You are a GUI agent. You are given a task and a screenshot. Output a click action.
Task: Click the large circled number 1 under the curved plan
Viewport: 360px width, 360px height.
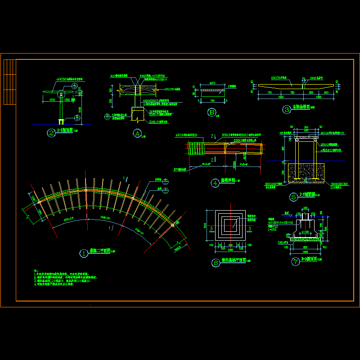84,253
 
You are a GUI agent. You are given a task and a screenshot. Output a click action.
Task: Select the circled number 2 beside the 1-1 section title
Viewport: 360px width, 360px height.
52,133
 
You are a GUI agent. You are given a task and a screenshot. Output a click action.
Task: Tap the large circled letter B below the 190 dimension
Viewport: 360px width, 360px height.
212,113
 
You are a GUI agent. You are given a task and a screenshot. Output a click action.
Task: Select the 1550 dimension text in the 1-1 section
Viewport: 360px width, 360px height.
52,99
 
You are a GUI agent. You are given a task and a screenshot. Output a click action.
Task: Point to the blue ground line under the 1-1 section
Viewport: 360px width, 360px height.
61,124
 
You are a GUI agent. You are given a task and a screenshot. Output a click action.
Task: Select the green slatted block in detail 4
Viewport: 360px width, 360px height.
196,148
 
